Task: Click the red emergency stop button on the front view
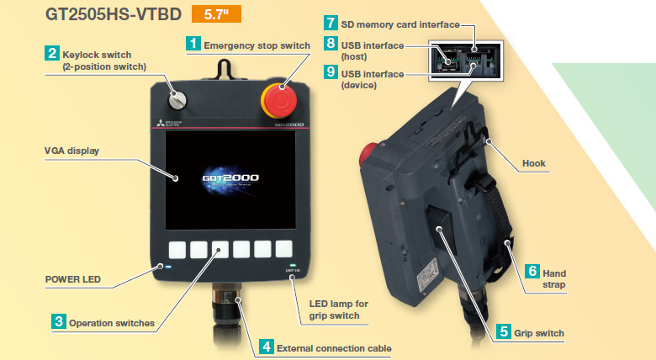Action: (279, 100)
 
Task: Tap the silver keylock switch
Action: (177, 100)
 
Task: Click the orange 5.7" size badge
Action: (216, 14)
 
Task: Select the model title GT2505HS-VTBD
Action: (114, 14)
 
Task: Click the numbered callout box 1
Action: (193, 44)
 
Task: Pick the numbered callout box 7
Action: (331, 23)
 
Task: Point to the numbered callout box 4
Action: (266, 347)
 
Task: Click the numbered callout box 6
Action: (532, 271)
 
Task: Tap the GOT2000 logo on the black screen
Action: (230, 178)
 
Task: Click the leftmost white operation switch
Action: (177, 250)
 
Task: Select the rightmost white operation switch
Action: (284, 249)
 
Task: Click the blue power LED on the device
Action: (168, 267)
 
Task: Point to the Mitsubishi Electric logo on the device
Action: (169, 123)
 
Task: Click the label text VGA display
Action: (72, 151)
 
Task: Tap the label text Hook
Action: (534, 163)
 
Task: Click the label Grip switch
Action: (539, 333)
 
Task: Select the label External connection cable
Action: (334, 348)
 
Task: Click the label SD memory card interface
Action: (400, 24)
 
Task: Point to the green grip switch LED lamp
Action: (293, 266)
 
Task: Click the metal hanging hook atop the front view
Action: (224, 69)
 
